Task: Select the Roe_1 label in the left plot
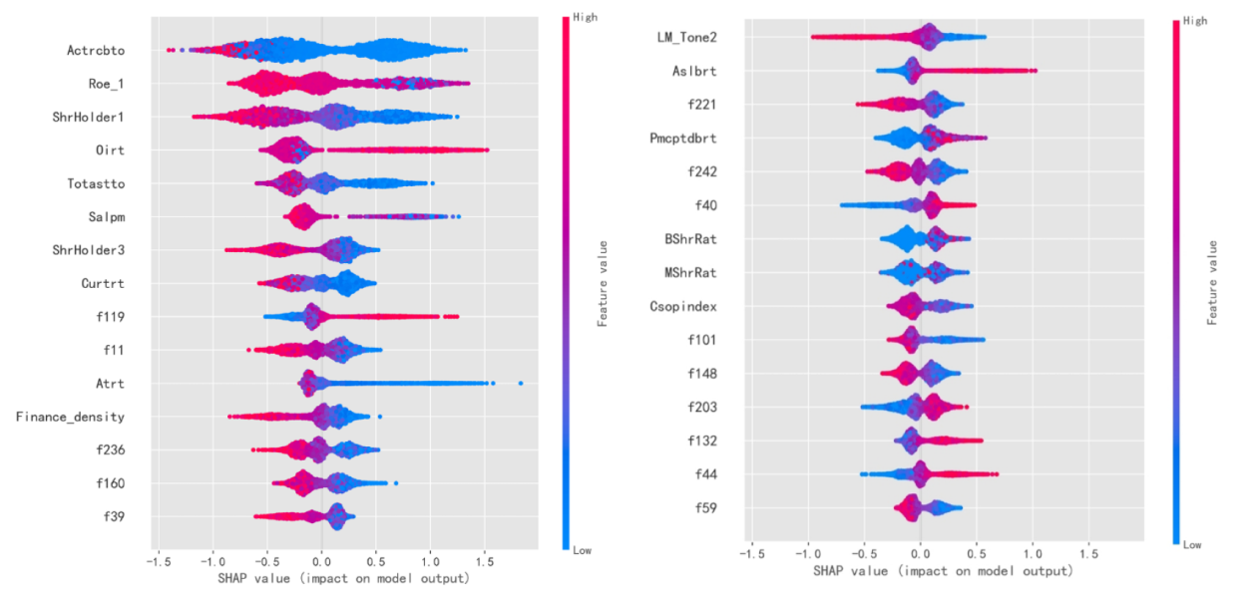pos(119,84)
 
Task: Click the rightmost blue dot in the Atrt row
pos(521,383)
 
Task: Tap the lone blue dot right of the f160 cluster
pos(396,484)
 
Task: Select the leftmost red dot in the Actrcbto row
pos(168,50)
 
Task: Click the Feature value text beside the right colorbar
pos(1214,283)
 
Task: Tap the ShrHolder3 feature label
pos(103,250)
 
